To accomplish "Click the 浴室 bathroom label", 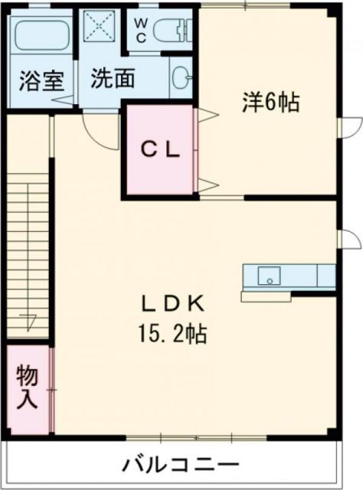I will coord(36,80).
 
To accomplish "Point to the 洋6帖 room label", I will coord(270,102).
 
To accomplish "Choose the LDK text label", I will coord(174,304).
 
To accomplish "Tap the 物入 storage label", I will coord(28,387).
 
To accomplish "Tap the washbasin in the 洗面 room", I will coord(182,77).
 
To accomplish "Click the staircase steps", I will coord(28,253).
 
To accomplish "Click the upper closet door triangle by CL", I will coord(208,116).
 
